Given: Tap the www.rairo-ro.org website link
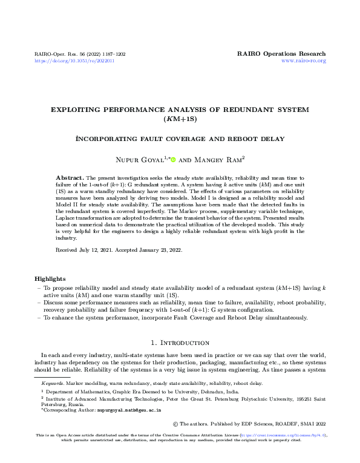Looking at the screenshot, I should coord(304,61).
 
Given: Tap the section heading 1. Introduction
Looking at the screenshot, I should coord(180,342).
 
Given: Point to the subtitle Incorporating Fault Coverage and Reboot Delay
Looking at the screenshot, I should coord(180,139).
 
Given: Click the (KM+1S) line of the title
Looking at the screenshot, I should coord(180,119).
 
